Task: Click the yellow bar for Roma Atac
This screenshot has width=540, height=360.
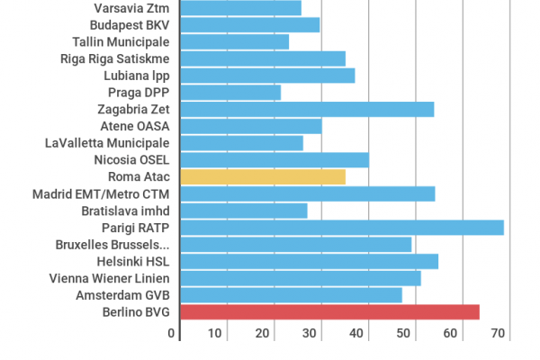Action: click(x=263, y=176)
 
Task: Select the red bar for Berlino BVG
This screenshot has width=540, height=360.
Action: click(x=329, y=312)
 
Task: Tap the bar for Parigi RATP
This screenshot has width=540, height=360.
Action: click(x=342, y=227)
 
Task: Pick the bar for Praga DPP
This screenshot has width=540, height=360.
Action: click(x=230, y=92)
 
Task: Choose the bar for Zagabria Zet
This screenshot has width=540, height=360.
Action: click(x=307, y=109)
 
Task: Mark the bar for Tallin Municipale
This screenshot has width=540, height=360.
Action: click(x=235, y=41)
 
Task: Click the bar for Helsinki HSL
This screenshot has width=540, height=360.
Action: click(x=309, y=261)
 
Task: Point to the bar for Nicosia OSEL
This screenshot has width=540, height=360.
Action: click(x=274, y=159)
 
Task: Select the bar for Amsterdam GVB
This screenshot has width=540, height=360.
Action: click(x=291, y=295)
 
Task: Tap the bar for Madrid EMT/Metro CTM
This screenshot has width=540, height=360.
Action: click(x=308, y=193)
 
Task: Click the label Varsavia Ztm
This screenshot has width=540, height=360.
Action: click(x=131, y=7)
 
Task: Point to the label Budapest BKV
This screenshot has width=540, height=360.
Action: click(x=129, y=24)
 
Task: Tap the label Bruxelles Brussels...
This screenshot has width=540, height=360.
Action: click(x=112, y=244)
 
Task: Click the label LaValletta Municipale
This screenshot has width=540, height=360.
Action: click(x=107, y=142)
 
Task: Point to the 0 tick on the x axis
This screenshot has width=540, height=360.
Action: click(x=172, y=333)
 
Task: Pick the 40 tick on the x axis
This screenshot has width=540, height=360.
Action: click(x=356, y=333)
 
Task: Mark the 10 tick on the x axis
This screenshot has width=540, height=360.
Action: click(x=215, y=333)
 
